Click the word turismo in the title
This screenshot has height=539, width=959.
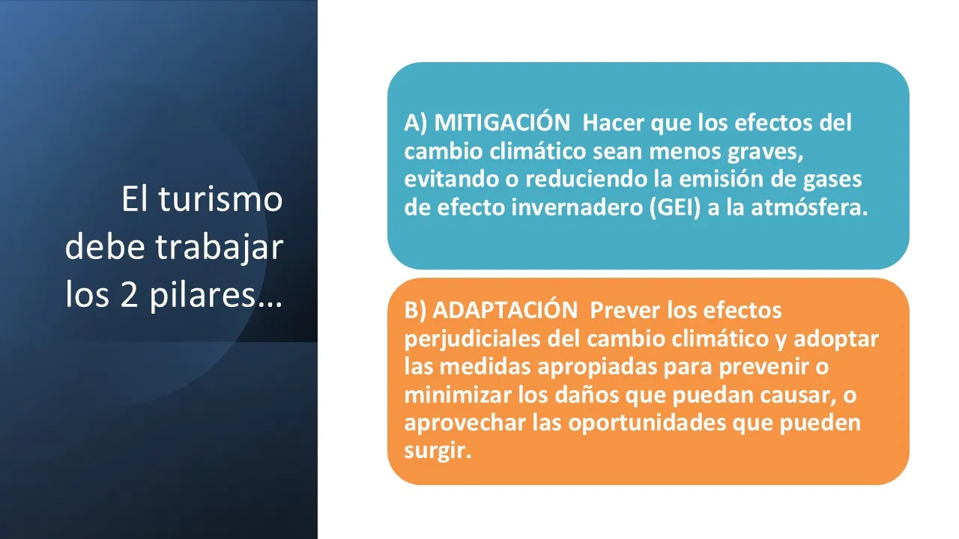221,199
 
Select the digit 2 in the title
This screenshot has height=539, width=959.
129,295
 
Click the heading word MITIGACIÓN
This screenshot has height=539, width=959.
502,122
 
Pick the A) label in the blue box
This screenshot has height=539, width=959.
415,124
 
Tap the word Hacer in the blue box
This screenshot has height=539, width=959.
613,124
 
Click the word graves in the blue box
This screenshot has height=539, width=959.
765,152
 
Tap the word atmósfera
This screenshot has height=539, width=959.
809,208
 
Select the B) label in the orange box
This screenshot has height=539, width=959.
415,311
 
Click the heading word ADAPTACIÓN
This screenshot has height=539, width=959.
505,309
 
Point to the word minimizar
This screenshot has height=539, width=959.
458,395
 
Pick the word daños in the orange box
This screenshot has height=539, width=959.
587,395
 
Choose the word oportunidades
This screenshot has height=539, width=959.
647,424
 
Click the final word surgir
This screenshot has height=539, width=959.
438,451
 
